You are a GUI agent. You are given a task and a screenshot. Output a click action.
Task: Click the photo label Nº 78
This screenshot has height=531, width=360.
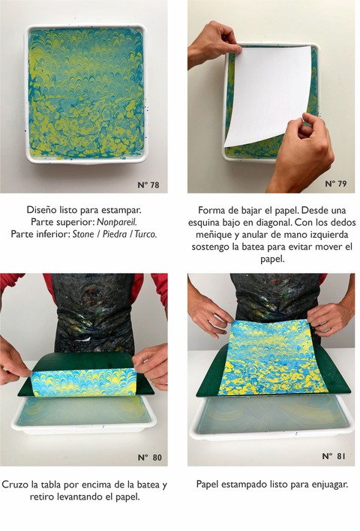click(148, 185)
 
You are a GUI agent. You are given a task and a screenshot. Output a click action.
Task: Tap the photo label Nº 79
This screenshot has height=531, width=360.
click(335, 184)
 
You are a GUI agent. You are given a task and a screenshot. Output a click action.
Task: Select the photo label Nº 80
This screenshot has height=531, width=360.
click(150, 457)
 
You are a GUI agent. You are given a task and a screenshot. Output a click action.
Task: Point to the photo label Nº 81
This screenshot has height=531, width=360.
click(334, 456)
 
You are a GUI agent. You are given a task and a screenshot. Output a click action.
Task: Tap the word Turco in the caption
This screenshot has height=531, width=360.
click(145, 234)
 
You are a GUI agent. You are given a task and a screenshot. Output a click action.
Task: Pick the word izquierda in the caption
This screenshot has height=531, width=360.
click(329, 234)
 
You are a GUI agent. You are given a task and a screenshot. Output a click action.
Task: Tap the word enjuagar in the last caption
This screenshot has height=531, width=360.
click(331, 484)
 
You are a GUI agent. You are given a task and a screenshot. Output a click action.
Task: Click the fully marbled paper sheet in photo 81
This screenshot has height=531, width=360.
click(272, 357)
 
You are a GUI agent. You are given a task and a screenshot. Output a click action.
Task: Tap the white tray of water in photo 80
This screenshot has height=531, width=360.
click(84, 415)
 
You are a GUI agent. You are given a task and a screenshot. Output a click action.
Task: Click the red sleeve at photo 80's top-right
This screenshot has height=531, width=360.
click(159, 288)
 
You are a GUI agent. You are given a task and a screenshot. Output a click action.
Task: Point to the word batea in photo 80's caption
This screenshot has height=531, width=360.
click(139, 484)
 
